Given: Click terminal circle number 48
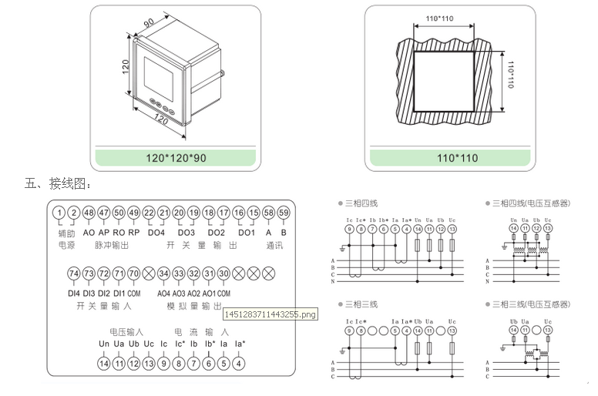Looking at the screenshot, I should (89, 213).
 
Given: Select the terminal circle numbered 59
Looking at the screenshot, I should (284, 213).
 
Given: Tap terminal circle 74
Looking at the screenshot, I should (74, 274).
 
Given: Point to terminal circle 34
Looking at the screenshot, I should (163, 274).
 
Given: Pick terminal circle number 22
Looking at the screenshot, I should (149, 213).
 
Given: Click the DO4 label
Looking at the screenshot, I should (156, 232).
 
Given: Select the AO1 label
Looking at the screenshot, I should (209, 294).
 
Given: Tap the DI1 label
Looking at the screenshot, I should (119, 294).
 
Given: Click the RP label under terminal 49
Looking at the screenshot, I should (134, 232).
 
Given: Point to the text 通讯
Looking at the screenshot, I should (275, 245).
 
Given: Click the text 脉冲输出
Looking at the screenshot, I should (111, 245).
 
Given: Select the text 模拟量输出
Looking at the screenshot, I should (193, 307).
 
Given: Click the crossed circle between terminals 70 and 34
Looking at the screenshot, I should (149, 274).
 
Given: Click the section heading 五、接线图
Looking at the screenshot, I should (59, 184).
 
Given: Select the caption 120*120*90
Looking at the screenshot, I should (176, 158).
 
